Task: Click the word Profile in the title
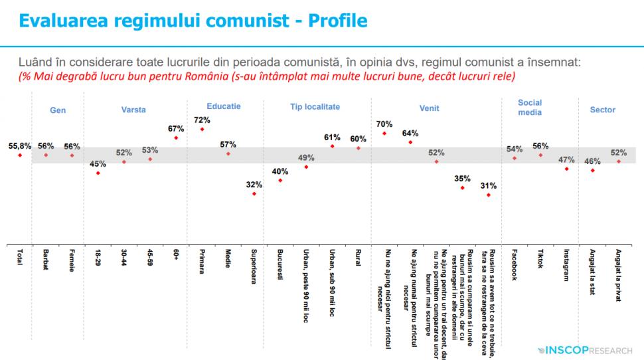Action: click(334, 20)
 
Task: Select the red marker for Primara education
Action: click(202, 129)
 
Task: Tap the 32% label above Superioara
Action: click(253, 185)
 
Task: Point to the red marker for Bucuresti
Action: click(280, 180)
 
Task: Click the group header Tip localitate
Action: click(315, 106)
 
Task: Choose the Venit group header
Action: click(429, 109)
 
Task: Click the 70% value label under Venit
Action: click(384, 124)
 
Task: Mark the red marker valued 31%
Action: click(489, 195)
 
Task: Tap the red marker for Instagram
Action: click(566, 169)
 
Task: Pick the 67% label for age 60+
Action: click(175, 128)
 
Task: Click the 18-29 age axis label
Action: click(98, 257)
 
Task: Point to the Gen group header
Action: click(58, 110)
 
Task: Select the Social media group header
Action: click(530, 107)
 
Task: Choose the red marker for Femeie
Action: click(72, 155)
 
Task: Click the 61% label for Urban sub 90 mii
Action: click(332, 137)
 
